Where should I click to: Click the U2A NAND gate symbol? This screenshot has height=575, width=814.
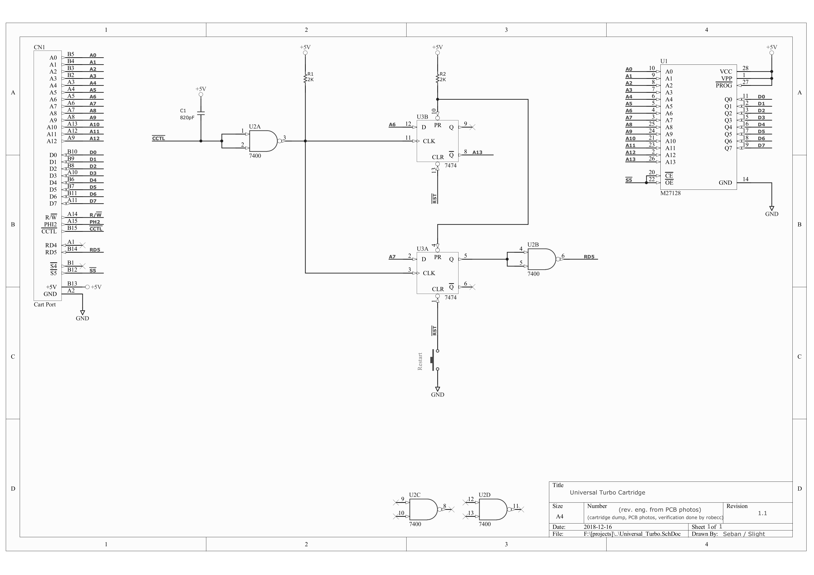tap(263, 141)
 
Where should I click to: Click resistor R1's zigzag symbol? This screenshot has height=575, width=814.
tap(305, 79)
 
